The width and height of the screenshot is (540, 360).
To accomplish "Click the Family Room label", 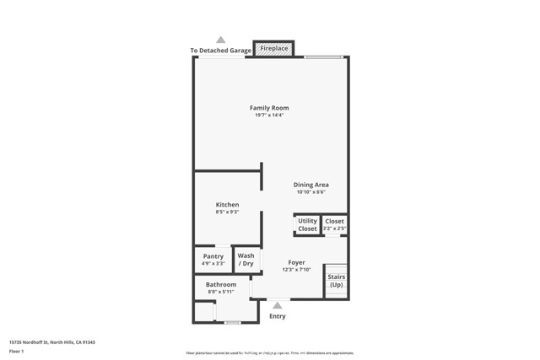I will tap(269, 108).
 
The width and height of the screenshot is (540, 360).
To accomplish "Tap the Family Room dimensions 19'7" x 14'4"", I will tap(269, 116).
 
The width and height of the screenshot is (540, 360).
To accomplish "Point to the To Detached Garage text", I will tap(220, 51).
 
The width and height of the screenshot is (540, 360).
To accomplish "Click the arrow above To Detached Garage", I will tap(221, 40).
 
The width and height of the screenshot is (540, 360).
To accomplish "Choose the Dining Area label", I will tap(310, 185).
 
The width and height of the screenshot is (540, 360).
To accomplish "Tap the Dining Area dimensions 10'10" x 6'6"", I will tap(310, 192).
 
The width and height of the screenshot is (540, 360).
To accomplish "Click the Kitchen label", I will tap(227, 205).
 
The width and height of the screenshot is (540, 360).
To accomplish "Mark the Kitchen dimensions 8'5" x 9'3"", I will tap(227, 212).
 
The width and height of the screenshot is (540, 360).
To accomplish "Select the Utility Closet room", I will tap(307, 225).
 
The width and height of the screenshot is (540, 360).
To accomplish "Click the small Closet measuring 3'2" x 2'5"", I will tap(335, 224).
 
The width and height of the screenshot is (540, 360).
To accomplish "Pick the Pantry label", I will tap(213, 256).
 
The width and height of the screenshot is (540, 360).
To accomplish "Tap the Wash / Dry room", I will tap(246, 260).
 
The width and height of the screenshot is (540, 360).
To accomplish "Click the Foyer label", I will tap(296, 262).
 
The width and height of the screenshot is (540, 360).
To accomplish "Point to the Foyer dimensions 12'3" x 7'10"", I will tap(296, 270).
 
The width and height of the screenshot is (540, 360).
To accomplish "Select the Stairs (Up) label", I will tap(336, 281).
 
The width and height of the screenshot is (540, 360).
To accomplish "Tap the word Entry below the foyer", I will tap(278, 316).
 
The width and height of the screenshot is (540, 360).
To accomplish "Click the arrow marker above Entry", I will tap(278, 305).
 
